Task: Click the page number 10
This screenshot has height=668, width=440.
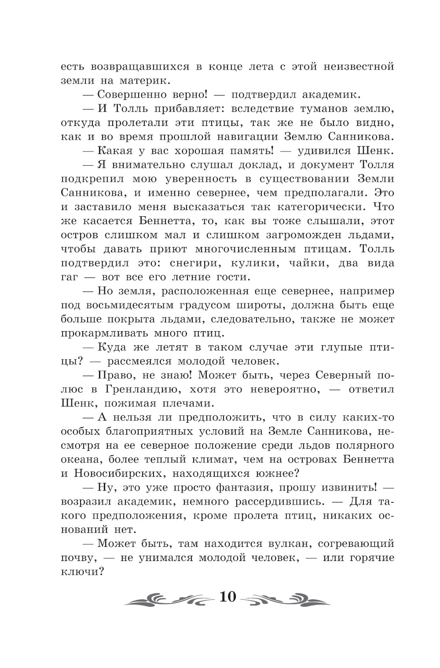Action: coord(227,597)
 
